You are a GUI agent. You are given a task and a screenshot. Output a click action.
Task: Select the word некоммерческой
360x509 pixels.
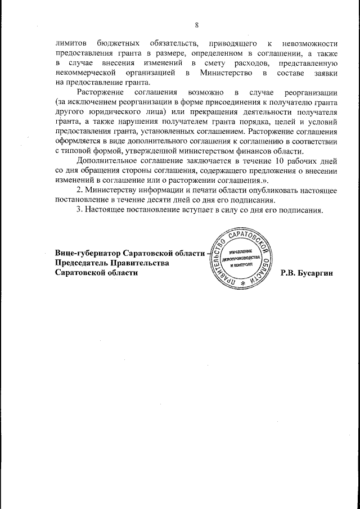[84, 74]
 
